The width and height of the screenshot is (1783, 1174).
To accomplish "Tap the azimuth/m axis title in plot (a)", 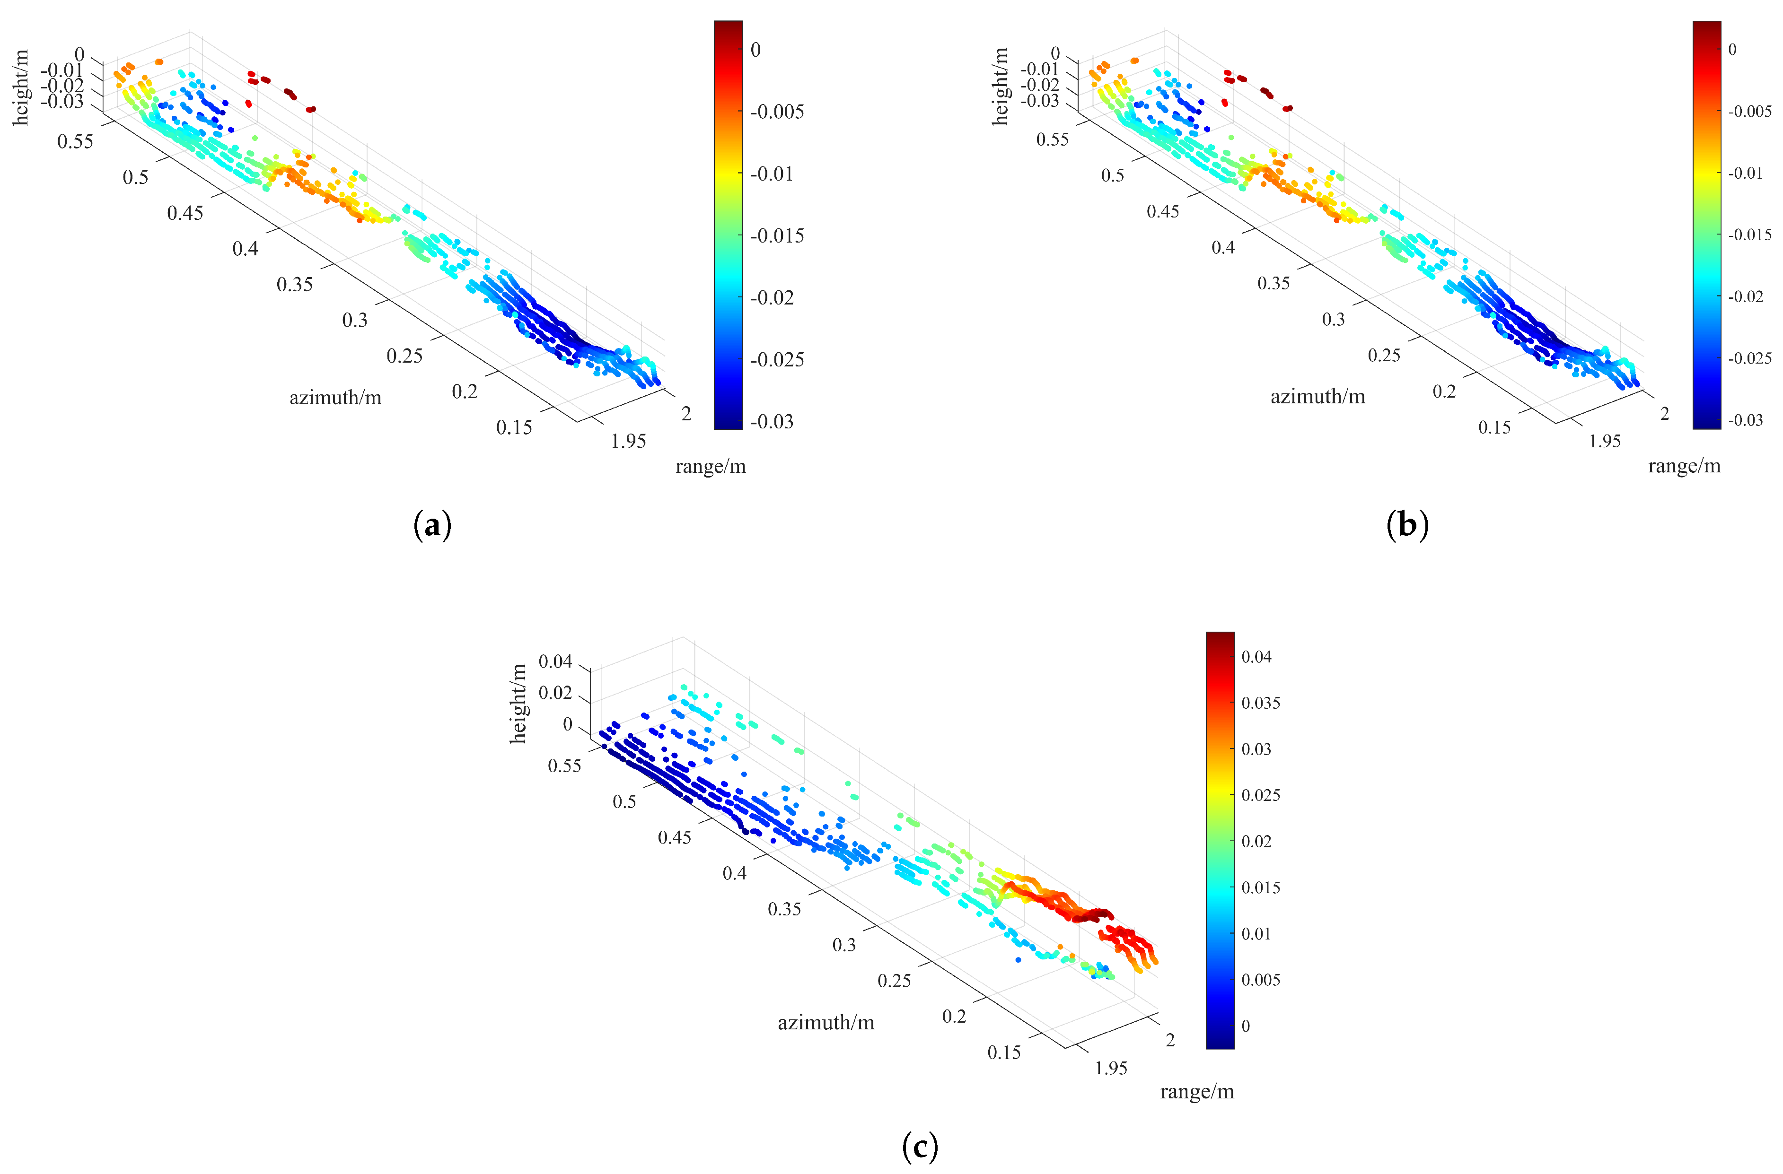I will [335, 398].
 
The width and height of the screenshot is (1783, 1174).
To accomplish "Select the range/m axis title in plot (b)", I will [1684, 467].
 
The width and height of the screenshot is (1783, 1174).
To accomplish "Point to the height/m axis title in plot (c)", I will [518, 704].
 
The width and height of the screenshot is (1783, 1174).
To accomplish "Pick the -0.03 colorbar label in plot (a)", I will [772, 422].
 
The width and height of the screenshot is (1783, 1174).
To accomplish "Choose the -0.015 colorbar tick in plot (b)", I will [1749, 235].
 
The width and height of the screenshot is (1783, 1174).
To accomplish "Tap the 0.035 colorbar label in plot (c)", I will [1261, 703].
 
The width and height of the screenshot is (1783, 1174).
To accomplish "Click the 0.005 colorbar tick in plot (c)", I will [1261, 980].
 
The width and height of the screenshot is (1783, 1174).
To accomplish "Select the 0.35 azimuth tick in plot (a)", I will [294, 285].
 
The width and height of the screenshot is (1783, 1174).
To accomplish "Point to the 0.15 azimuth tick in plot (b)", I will [1494, 427].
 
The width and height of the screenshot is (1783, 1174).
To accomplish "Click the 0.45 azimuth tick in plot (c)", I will [674, 837].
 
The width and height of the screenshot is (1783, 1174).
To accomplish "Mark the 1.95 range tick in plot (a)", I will [628, 441].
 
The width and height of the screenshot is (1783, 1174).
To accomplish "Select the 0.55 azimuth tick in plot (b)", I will [1053, 140].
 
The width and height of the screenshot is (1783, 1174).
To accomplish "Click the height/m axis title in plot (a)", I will [21, 87].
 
